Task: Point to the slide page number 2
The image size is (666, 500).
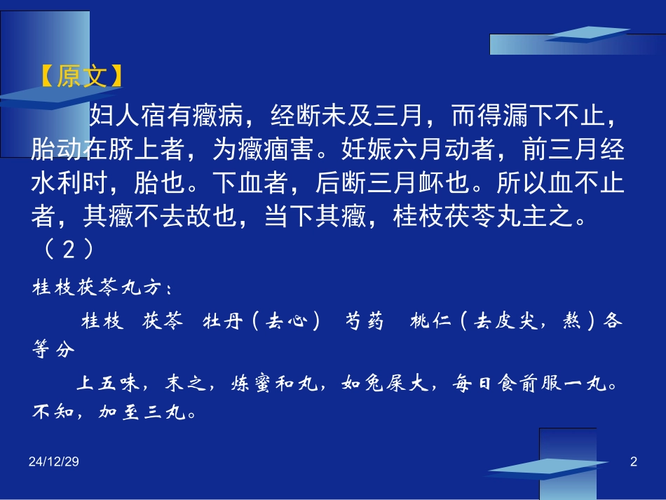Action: (634, 461)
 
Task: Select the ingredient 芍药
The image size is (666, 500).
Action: (365, 321)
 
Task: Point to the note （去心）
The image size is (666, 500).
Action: (288, 321)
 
